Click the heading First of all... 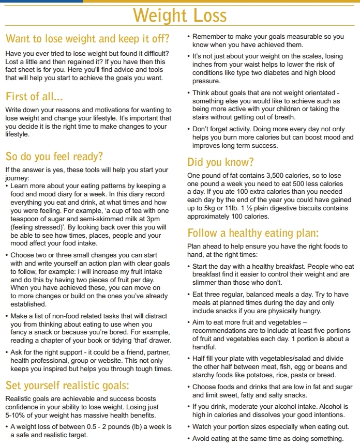(34, 96)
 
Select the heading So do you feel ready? (54, 157)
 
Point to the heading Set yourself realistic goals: (67, 386)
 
